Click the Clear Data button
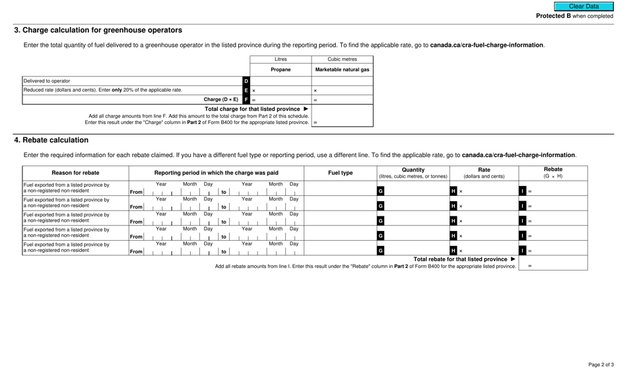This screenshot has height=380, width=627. click(x=583, y=7)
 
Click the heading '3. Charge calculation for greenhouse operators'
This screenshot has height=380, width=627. click(x=98, y=30)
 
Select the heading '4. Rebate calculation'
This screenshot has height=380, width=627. click(x=51, y=140)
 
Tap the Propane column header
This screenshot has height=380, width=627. click(x=280, y=70)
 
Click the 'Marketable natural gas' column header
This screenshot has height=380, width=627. click(x=342, y=70)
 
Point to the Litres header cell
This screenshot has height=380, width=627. click(x=280, y=59)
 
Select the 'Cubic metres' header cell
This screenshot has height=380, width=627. click(x=342, y=59)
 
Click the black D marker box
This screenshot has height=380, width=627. click(x=246, y=81)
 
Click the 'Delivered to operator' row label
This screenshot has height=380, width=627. click(x=47, y=81)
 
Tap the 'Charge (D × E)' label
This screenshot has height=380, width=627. click(x=221, y=100)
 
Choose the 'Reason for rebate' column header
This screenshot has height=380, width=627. click(x=75, y=173)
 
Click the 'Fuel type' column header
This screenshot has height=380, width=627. click(x=341, y=173)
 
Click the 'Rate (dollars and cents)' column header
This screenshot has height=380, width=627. click(x=484, y=173)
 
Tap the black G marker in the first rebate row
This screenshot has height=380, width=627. click(x=380, y=191)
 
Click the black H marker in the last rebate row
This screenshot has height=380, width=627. click(x=453, y=251)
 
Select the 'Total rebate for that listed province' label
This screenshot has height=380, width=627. click(x=460, y=259)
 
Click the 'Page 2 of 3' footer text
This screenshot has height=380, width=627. click(x=601, y=365)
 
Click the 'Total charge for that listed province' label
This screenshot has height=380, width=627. click(x=252, y=109)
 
